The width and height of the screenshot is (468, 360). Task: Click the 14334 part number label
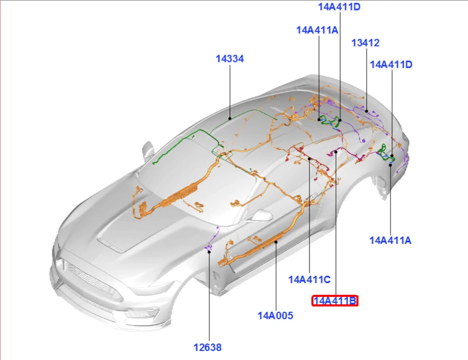229,59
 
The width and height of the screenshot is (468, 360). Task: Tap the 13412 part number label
365,43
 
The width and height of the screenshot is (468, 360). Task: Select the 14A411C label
309,280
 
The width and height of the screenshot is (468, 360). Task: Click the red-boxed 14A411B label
334,301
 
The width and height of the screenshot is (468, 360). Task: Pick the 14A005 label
275,315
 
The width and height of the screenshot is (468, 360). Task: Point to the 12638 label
207,347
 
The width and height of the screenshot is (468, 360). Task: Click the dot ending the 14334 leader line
230,119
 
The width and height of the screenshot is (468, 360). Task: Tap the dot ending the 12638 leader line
209,252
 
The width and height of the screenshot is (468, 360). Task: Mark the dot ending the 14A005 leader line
276,242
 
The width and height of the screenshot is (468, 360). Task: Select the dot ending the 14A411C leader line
310,159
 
